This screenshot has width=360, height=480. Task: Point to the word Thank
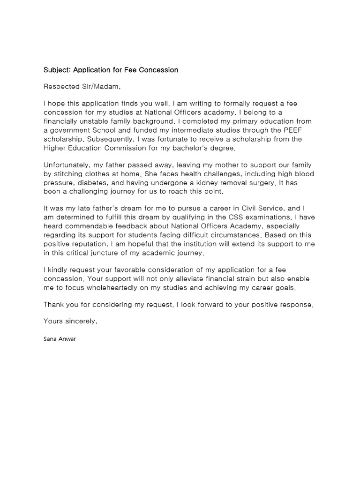54,305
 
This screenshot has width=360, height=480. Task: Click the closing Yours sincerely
70,321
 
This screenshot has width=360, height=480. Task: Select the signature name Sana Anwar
60,338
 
